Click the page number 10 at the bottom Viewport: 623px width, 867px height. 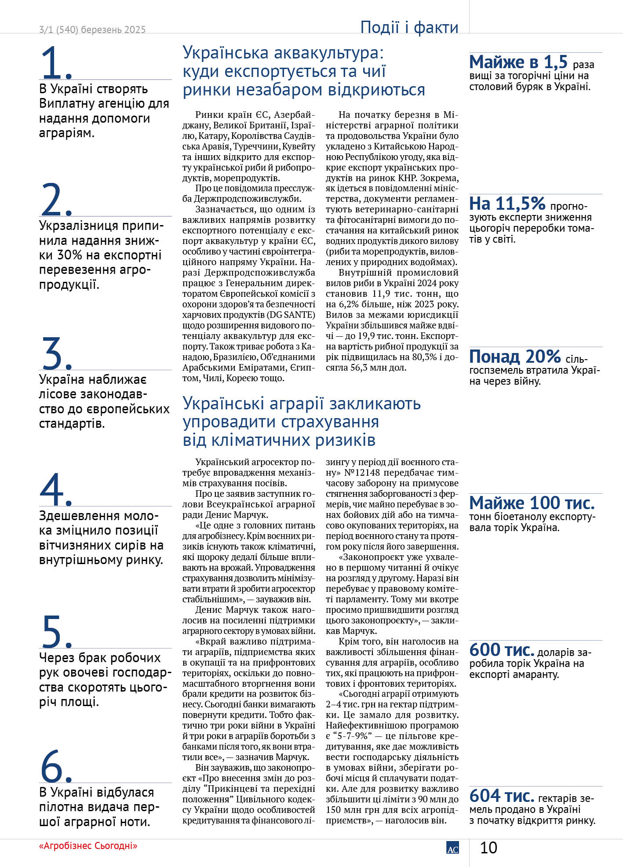click(x=488, y=847)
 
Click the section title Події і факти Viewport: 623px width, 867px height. click(x=409, y=27)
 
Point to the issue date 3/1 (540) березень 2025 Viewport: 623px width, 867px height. click(x=92, y=30)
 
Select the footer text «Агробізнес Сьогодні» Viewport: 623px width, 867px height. click(x=88, y=845)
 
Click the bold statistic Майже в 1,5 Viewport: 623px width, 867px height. click(x=518, y=62)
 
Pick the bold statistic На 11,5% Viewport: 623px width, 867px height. click(x=507, y=204)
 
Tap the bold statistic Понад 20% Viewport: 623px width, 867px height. click(x=515, y=357)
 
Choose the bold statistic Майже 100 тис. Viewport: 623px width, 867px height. click(x=532, y=503)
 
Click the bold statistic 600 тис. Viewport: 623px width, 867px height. click(x=502, y=650)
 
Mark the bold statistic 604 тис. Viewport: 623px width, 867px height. click(x=502, y=796)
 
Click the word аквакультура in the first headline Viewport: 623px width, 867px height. click(x=327, y=53)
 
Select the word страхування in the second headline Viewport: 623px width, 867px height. click(x=330, y=422)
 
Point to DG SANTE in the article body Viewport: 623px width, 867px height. click(x=292, y=315)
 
